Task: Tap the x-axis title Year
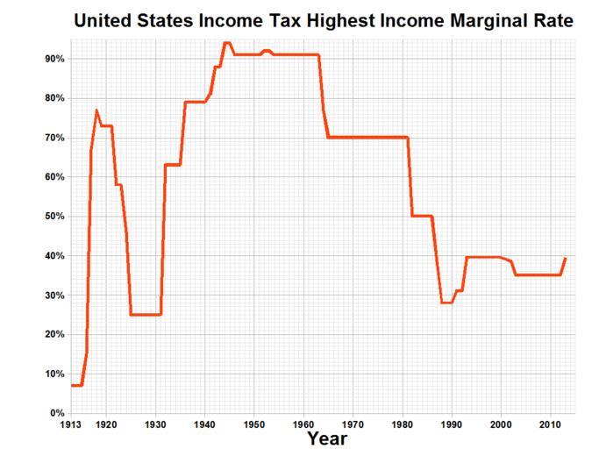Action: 326,437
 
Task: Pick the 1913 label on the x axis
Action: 72,424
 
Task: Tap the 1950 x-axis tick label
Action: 254,424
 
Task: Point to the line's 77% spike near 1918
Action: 96,110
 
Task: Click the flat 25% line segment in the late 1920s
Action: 146,315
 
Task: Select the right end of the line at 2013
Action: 566,259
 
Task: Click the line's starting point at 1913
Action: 72,385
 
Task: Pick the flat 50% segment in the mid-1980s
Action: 422,216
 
